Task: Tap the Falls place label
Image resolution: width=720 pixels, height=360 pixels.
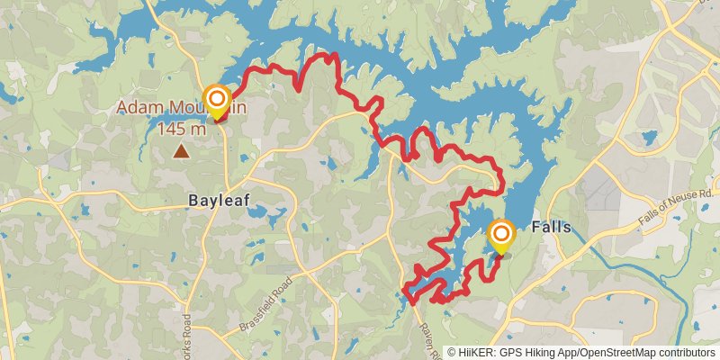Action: pos(552,227)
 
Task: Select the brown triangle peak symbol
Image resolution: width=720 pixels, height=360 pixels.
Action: pos(182,151)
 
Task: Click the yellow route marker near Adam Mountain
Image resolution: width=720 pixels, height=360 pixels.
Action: pos(217,100)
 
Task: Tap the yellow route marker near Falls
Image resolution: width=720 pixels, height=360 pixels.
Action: pos(500,236)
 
